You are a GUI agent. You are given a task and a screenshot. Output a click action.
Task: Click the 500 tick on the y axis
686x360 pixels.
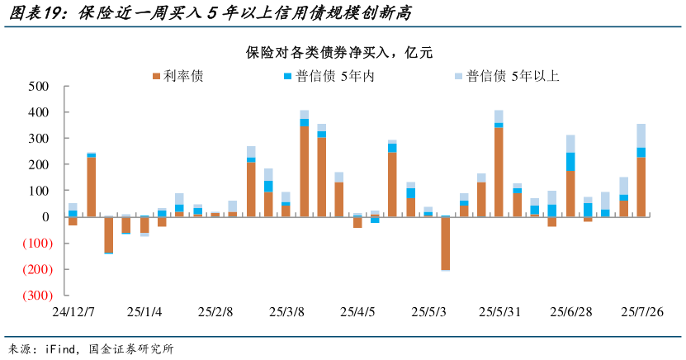coord(38,86)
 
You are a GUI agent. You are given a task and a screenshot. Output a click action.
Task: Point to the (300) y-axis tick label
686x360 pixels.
coord(35,296)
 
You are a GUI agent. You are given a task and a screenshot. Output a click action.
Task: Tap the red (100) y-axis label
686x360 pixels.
coord(35,244)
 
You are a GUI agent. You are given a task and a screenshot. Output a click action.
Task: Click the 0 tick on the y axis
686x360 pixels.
coord(45,217)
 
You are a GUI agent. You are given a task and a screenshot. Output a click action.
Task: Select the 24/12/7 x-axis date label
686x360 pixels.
coord(73,313)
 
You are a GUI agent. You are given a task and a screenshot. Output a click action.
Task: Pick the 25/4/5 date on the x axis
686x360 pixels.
coord(357,313)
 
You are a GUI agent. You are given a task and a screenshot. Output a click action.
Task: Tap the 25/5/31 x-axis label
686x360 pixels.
coord(499,313)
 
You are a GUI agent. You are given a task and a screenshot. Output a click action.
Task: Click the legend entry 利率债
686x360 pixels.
coord(177,76)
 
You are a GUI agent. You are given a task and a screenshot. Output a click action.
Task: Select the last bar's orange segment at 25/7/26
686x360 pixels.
coord(641,187)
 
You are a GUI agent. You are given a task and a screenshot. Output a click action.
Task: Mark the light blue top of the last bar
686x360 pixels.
coord(641,135)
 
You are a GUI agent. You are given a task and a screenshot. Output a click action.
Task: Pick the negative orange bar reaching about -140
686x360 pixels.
coord(108,234)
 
